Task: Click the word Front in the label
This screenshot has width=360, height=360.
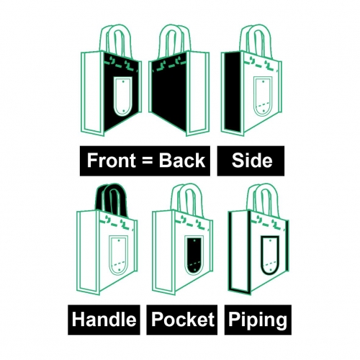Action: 111,161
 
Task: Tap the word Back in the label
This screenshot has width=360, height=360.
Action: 182,161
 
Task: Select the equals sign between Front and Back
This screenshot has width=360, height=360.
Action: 148,161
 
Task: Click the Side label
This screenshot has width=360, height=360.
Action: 251,161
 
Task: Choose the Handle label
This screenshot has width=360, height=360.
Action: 104,320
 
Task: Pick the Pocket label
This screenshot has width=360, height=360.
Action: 182,320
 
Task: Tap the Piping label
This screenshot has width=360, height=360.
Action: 258,320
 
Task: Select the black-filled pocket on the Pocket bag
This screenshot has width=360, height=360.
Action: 194,255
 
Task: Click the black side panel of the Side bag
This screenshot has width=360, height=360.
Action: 233,91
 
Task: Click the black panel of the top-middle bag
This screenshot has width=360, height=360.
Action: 169,92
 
